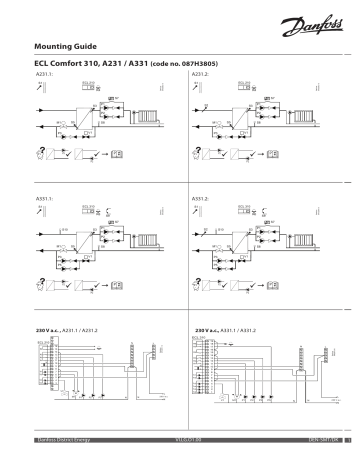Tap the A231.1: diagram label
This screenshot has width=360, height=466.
[x=45, y=74]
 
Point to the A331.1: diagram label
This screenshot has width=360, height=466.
[x=45, y=200]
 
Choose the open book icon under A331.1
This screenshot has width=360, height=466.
[x=117, y=279]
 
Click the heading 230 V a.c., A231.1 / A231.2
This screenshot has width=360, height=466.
[x=75, y=328]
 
